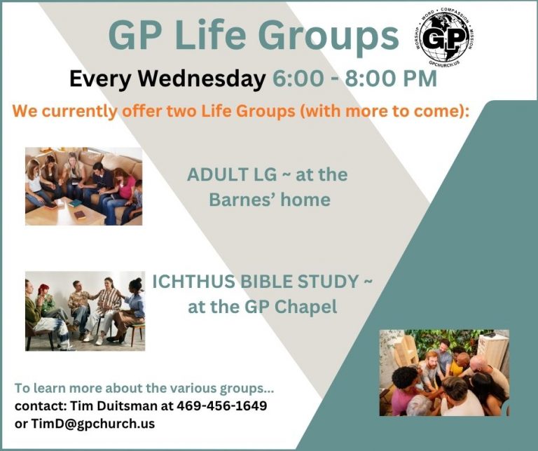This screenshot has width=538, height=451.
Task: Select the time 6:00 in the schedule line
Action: tap(296, 79)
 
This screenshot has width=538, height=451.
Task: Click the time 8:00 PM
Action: tap(392, 79)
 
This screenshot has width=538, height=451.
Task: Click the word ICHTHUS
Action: tap(195, 282)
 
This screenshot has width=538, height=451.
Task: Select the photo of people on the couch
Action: tap(83, 186)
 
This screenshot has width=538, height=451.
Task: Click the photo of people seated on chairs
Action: tap(85, 310)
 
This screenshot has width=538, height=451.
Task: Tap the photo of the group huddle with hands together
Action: tap(444, 373)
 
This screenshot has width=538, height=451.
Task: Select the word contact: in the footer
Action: tap(38, 406)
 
